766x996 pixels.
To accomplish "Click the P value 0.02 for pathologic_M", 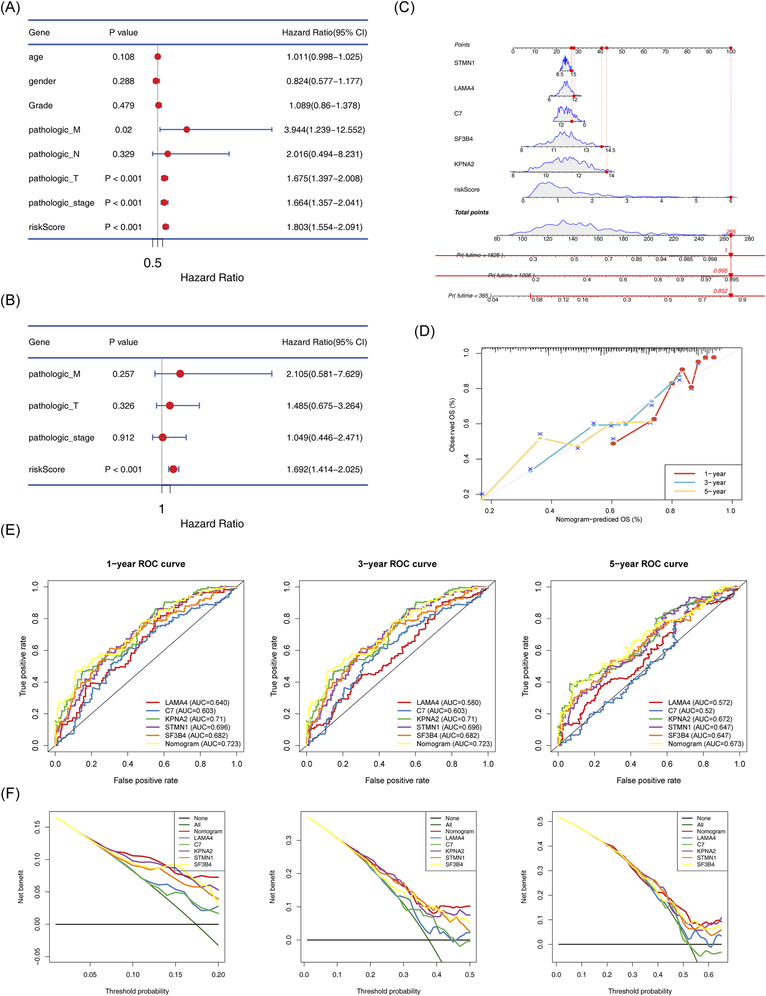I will coord(123,130).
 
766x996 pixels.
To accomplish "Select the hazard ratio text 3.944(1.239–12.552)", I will coord(324,130).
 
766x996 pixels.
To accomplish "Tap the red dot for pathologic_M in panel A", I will coord(186,130).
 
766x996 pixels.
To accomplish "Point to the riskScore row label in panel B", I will coord(47,470).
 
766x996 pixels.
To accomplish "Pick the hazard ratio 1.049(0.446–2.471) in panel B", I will coord(324,438).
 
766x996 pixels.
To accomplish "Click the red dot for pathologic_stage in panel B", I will coord(162,438).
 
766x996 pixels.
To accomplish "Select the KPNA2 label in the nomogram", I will coord(464,164).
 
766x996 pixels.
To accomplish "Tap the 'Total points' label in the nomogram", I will coord(471,213).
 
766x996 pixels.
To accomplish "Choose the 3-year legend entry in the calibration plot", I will coord(715,483).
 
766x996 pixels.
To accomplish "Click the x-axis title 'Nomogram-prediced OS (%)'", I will coord(598,519).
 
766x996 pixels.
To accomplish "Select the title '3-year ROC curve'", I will coord(397,564).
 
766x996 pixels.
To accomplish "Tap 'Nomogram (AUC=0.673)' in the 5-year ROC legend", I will coord(705,744).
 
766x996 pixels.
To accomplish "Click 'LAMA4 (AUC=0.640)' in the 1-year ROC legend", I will coord(197,703).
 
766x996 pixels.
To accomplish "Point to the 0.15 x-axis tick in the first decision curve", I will coord(176,974).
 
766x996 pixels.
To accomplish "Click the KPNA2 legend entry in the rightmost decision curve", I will coord(706,851).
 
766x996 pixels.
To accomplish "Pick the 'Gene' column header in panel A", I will coord(39,32).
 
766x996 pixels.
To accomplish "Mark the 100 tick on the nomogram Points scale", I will coord(731,51).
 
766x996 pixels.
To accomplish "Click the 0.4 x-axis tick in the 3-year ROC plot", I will coord(379,764).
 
